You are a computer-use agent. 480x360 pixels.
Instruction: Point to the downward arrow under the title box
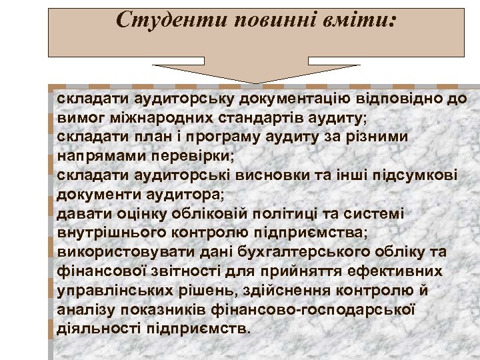(256, 71)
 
